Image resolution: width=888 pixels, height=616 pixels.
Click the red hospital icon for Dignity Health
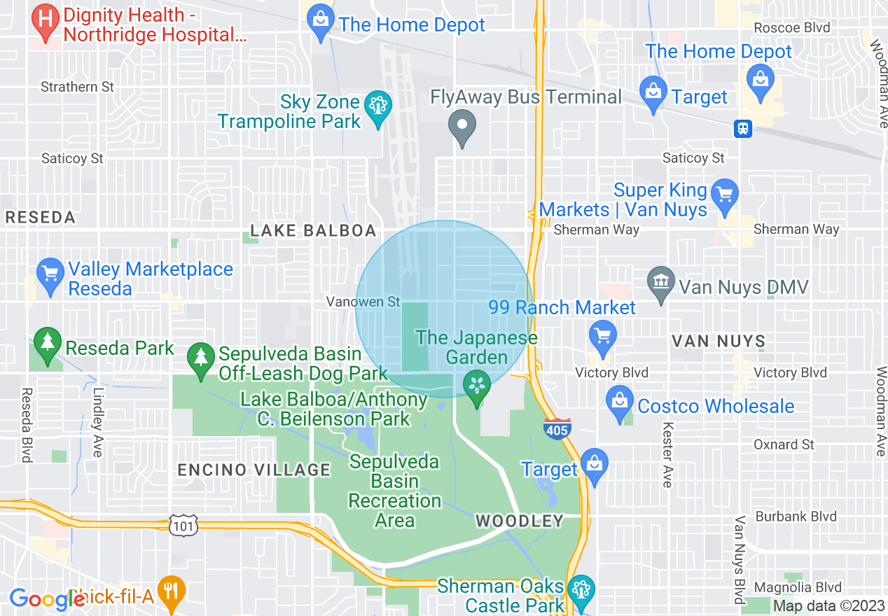click(x=46, y=17)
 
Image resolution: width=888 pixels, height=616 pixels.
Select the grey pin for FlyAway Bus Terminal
click(x=462, y=126)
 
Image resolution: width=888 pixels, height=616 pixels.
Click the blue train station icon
click(x=743, y=129)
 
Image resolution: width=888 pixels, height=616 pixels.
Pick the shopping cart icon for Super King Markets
click(x=724, y=191)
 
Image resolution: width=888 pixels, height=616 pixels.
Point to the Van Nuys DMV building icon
click(x=661, y=283)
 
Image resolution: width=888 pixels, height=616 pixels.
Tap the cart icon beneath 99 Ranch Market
click(x=602, y=335)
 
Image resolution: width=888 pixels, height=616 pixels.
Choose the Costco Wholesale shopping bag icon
click(x=620, y=402)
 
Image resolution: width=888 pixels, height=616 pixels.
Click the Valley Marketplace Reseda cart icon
click(x=50, y=274)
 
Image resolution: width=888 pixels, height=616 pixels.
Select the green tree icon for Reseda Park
click(x=47, y=343)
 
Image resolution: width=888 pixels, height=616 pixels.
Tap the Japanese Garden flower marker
click(x=477, y=385)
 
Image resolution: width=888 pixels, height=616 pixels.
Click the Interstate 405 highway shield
click(x=557, y=429)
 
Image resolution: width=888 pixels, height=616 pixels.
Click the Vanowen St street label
click(x=363, y=302)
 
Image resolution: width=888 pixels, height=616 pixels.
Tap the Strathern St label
click(x=77, y=87)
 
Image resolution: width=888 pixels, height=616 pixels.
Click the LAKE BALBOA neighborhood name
click(x=313, y=231)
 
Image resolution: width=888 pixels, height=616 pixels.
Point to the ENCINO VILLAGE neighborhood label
click(x=254, y=470)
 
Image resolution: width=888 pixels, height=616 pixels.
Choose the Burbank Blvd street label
click(x=796, y=517)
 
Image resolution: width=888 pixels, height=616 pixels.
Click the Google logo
click(x=43, y=598)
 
